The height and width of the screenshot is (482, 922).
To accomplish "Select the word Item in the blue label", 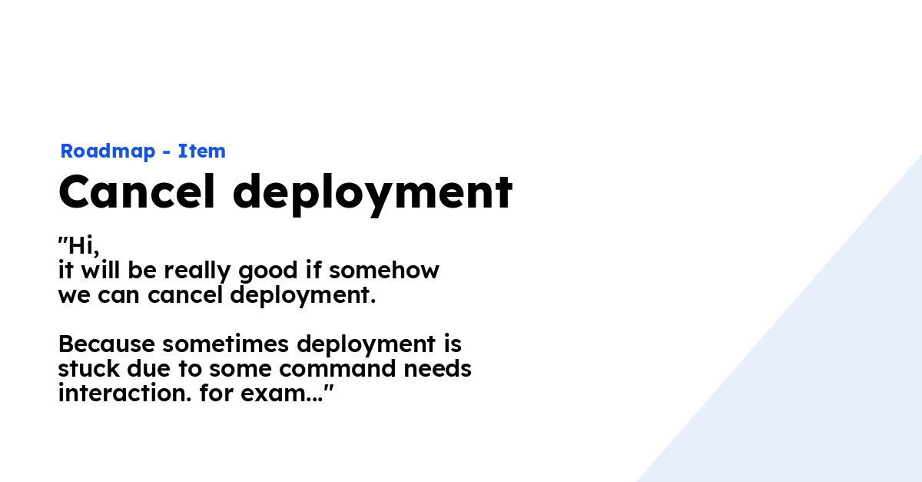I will click(x=202, y=151).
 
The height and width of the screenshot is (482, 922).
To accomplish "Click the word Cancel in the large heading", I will click(x=137, y=192).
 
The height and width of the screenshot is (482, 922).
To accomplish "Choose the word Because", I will click(x=107, y=344).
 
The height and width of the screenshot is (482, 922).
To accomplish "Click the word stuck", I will click(x=88, y=369).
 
